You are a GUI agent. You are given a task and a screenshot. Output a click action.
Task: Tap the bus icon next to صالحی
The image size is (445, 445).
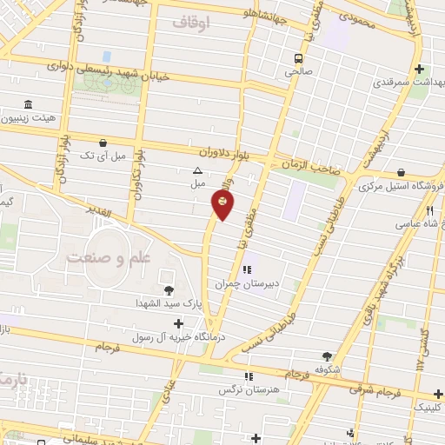tap(298, 59)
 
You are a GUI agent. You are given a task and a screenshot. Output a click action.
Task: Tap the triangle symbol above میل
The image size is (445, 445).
tap(197, 171)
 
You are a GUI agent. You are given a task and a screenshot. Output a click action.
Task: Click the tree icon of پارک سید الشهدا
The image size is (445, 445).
tap(169, 289)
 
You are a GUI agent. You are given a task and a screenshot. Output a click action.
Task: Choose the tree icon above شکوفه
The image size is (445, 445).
tap(328, 355)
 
